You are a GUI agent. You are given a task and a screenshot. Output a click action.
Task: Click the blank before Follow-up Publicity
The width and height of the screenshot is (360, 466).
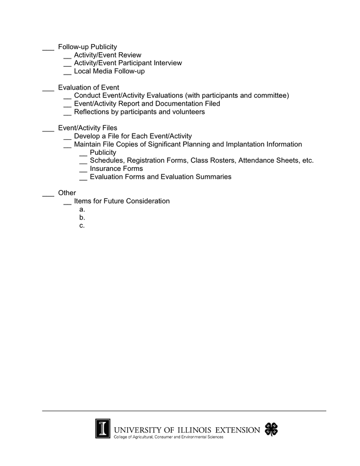48,49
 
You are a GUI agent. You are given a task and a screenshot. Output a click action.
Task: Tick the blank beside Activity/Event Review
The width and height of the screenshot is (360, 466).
67,57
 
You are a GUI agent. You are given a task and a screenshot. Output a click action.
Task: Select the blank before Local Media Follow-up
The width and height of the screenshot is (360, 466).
67,74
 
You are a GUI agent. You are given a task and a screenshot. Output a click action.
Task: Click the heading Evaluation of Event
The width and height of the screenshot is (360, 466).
88,88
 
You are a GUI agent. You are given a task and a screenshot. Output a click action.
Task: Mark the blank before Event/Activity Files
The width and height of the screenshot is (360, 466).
48,130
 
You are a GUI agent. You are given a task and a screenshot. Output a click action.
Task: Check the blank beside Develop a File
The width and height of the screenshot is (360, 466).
67,138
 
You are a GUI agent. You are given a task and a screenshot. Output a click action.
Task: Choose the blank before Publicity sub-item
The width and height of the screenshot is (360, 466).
83,154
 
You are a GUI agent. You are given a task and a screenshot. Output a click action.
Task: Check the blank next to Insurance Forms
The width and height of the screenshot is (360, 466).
83,170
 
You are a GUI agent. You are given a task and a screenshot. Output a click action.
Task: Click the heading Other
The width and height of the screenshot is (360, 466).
67,193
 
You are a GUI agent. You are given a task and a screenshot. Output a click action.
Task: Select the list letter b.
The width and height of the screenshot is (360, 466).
82,217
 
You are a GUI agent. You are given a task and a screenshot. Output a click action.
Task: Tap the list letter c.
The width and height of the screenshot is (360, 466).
82,225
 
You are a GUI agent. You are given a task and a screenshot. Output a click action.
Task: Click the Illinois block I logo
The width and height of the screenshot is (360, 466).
102,428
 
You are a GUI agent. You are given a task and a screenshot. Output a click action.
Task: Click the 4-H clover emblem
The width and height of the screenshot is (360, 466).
271,429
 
